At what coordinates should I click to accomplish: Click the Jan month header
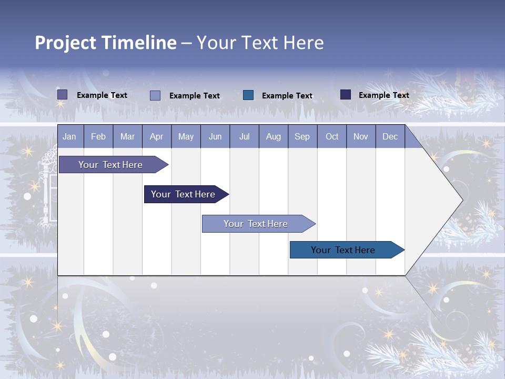coord(69,137)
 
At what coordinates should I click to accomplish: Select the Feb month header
coord(98,137)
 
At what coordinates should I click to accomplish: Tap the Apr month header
coord(156,137)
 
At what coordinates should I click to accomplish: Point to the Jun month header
coord(215,137)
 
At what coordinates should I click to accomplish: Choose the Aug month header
coord(273,137)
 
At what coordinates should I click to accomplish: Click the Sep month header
coord(302,137)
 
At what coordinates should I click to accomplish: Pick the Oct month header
coord(332,137)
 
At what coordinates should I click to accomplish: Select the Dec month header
coord(390,137)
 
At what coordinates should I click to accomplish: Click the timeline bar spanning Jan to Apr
coord(110,165)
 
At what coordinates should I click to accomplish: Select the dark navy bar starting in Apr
coord(183,194)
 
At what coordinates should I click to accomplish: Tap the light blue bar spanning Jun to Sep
coord(256,224)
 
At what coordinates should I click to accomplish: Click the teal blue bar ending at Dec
coord(343,250)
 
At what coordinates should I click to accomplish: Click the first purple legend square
coord(62,95)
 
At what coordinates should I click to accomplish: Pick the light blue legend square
coord(155,95)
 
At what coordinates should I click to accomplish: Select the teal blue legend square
coord(248,95)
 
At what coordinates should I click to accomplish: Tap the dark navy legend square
coord(346,95)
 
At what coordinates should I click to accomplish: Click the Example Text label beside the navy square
coord(383,95)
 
